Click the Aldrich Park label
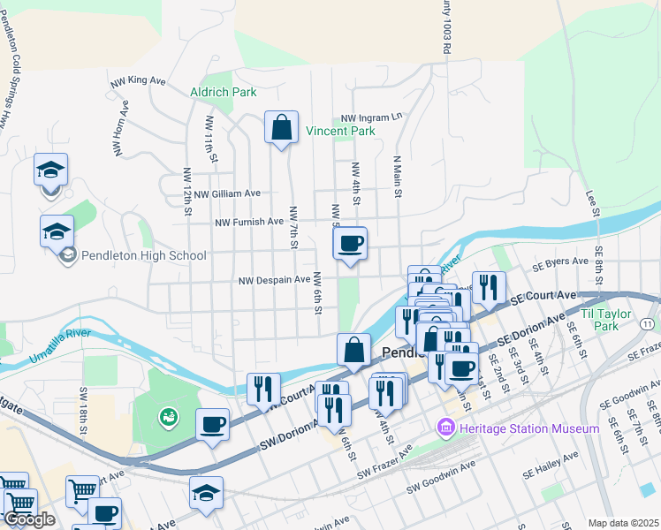coord(224,92)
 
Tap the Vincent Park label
coord(340,131)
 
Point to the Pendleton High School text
coord(143,256)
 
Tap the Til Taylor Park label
coord(611,320)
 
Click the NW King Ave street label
coord(139,80)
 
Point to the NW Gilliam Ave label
coord(227,193)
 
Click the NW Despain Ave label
coord(275,280)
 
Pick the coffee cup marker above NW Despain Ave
coord(350,243)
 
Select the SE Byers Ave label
coord(560,261)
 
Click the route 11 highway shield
coord(649,324)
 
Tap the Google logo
coord(30,519)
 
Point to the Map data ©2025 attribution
coord(622,523)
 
